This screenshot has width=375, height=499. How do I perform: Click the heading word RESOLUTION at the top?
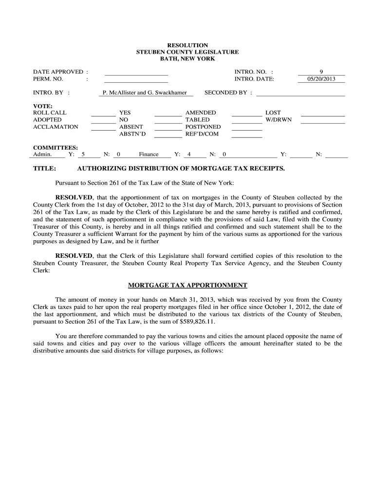tap(187, 45)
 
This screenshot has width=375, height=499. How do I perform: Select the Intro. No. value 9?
tap(321, 72)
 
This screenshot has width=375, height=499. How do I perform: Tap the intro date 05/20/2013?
tap(321, 79)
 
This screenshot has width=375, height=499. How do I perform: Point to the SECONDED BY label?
tap(228, 92)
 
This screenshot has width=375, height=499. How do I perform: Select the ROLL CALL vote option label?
tap(50, 113)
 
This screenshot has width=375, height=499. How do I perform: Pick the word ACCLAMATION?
tap(56, 127)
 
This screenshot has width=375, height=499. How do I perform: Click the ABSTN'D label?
tap(132, 134)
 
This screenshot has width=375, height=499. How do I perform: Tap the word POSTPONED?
tap(203, 127)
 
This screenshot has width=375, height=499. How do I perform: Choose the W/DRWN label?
tap(279, 120)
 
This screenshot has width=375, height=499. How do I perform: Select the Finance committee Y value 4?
tap(189, 154)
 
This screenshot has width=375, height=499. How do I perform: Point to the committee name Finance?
tap(149, 154)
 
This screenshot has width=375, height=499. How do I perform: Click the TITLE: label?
tap(45, 169)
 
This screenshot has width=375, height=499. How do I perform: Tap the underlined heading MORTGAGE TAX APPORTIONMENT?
tap(187, 285)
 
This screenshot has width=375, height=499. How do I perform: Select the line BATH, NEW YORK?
tap(187, 58)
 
